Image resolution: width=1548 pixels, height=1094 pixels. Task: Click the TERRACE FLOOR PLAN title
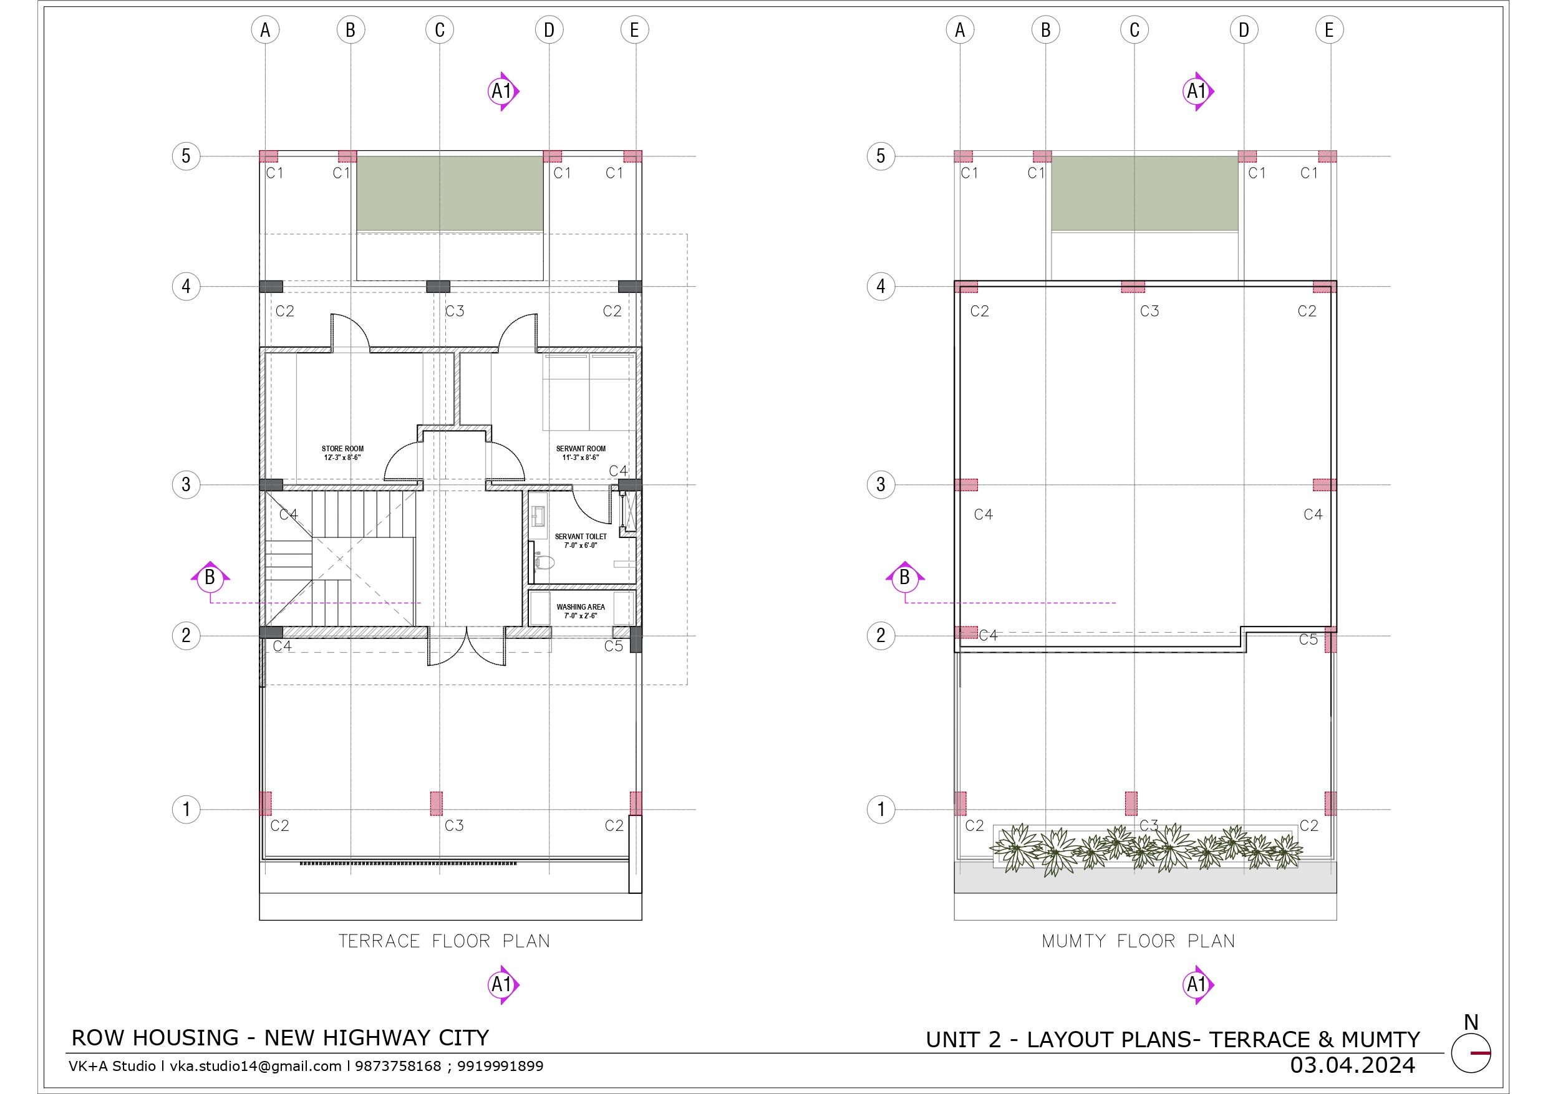444,941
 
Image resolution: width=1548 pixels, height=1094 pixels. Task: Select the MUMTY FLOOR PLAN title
1139,941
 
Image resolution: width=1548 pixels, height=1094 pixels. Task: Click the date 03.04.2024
1353,1065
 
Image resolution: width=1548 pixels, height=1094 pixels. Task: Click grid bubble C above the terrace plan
440,30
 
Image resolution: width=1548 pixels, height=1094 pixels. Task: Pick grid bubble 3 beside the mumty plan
881,484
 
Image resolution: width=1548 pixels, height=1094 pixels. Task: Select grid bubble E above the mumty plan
1329,30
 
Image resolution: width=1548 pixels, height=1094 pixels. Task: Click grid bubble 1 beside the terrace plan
186,809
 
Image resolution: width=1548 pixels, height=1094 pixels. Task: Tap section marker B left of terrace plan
210,577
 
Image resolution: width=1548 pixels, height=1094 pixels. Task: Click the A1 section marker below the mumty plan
1197,985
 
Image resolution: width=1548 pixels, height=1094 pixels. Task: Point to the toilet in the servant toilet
543,561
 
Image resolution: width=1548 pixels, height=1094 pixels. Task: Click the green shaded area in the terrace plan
450,193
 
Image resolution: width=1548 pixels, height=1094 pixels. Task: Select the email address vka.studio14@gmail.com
256,1067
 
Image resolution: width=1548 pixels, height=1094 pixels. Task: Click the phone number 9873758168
398,1067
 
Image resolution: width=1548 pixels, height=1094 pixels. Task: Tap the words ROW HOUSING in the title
155,1038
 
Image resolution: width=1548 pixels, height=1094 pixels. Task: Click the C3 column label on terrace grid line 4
455,310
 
